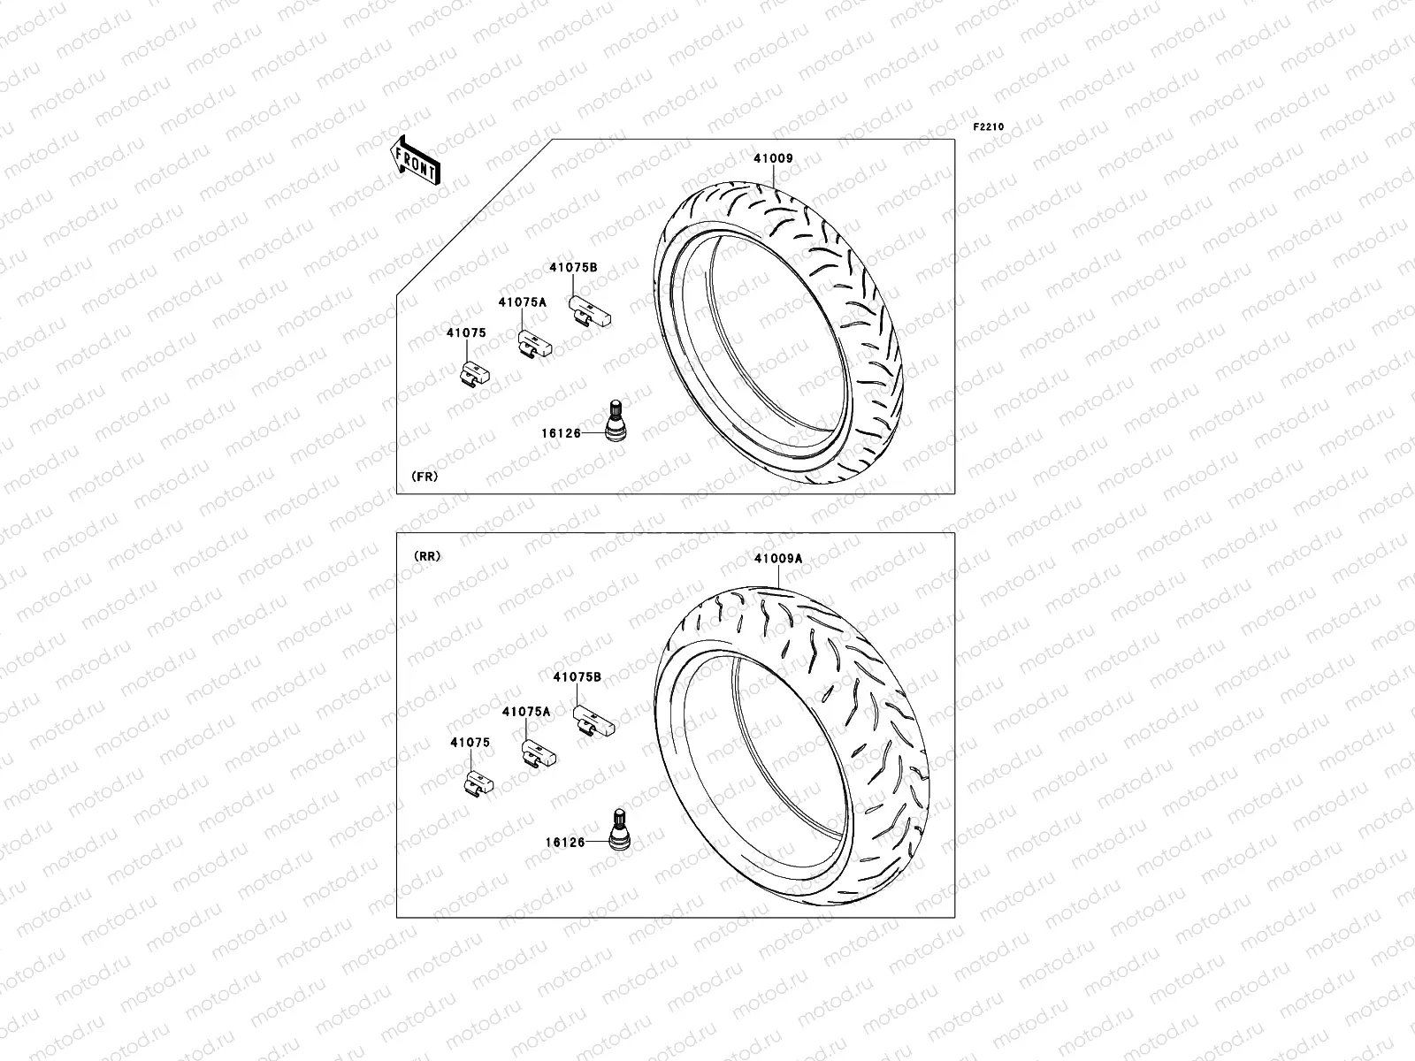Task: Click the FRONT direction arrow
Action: pyautogui.click(x=415, y=160)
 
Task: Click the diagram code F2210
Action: pyautogui.click(x=989, y=127)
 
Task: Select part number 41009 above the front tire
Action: pyautogui.click(x=773, y=159)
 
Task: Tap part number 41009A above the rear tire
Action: pyautogui.click(x=778, y=558)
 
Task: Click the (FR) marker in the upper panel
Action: pyautogui.click(x=424, y=476)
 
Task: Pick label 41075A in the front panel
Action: pyautogui.click(x=522, y=302)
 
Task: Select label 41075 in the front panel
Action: pyautogui.click(x=466, y=332)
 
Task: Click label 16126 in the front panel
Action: pyautogui.click(x=561, y=433)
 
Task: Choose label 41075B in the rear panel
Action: pyautogui.click(x=577, y=676)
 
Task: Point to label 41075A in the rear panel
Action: pyautogui.click(x=526, y=711)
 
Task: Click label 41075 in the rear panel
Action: pyautogui.click(x=470, y=743)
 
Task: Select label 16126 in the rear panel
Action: pyautogui.click(x=565, y=843)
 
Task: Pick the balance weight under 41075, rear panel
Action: pyautogui.click(x=478, y=782)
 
